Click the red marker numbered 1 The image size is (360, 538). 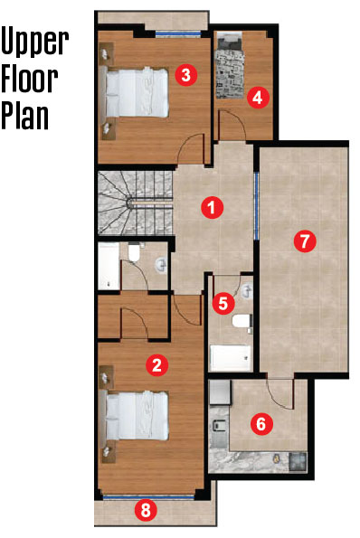click(x=212, y=207)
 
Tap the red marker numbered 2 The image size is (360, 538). click(x=156, y=364)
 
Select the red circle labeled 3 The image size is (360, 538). click(x=185, y=74)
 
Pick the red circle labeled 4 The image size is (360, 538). click(x=258, y=98)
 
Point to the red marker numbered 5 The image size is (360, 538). click(x=223, y=303)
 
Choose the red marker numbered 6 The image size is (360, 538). click(x=261, y=424)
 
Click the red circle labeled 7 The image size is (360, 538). click(x=305, y=241)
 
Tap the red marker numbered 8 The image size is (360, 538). click(x=146, y=510)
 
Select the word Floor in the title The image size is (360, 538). click(x=30, y=80)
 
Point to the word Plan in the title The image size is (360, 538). click(x=24, y=116)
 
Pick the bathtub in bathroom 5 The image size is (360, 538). click(x=231, y=358)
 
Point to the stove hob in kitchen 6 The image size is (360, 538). click(x=298, y=462)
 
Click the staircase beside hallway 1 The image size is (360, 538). click(x=135, y=203)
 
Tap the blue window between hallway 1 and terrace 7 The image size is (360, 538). click(x=256, y=206)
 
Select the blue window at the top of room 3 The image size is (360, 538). click(x=178, y=33)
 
